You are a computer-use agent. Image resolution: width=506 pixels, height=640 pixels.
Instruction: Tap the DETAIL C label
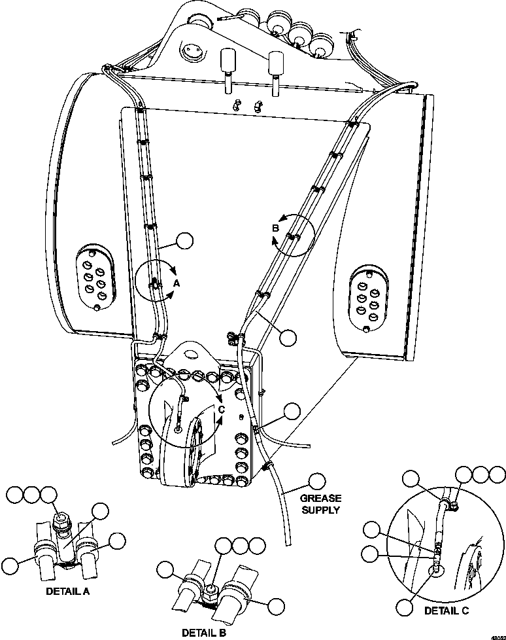[447, 611]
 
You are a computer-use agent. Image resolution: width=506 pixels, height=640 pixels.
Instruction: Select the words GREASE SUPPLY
[320, 504]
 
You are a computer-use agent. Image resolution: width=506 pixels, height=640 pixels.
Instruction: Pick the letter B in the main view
[275, 228]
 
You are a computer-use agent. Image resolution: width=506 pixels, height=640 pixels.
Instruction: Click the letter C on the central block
[221, 409]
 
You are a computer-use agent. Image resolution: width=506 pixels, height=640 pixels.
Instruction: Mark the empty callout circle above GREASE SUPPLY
[317, 481]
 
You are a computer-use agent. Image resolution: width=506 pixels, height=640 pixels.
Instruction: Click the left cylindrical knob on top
[228, 62]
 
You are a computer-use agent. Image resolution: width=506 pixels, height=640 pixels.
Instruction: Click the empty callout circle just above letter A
[186, 241]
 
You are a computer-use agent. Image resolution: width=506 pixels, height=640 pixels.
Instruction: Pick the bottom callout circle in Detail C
[405, 607]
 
